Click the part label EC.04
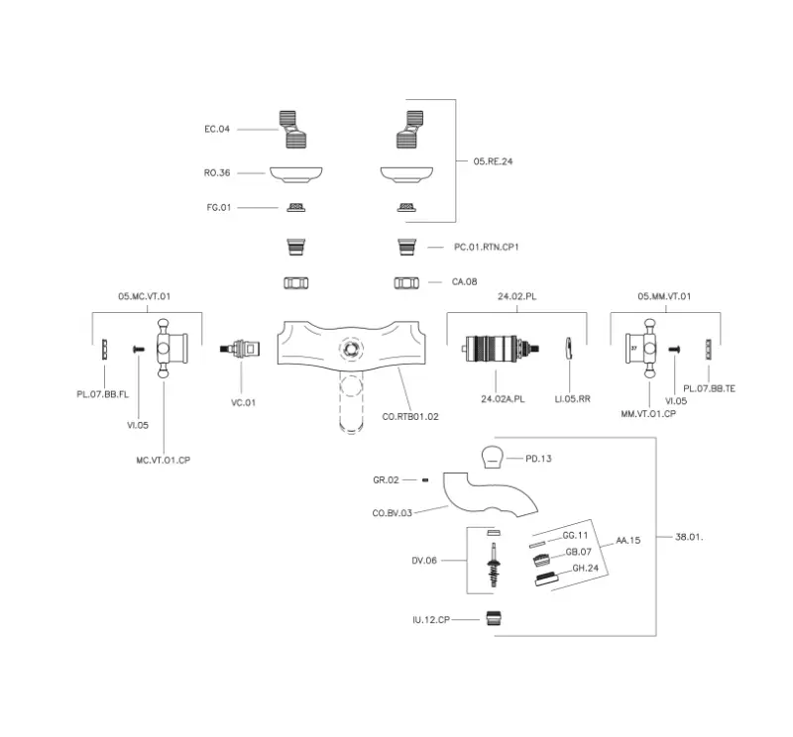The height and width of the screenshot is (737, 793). pos(216,129)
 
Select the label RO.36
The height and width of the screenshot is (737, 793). pos(216,172)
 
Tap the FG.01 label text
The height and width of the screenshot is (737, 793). pos(217,207)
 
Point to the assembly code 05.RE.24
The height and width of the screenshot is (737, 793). pos(493,160)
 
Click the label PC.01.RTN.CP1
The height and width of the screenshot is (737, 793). pos(487,246)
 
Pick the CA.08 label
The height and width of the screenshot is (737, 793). pos(464,282)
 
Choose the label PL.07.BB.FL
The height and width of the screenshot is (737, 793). pos(103,394)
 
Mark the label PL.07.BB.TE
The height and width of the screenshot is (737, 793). pos(710,389)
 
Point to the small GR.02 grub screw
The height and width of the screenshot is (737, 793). pos(424,479)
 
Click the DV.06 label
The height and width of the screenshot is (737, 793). pos(424,560)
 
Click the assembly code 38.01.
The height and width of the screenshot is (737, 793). pos(688,536)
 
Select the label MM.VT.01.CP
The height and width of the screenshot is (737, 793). pos(648,415)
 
